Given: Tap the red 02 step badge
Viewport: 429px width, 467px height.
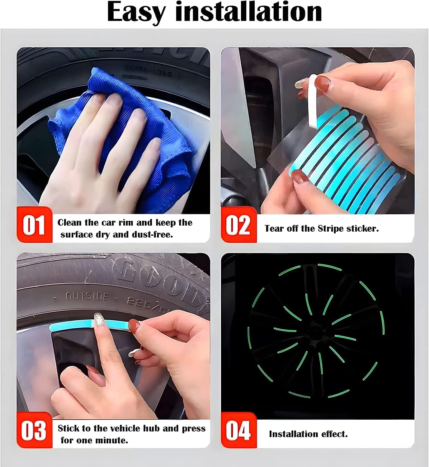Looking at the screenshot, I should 238,225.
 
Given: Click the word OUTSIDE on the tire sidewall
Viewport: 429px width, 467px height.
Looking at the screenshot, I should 87,296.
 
